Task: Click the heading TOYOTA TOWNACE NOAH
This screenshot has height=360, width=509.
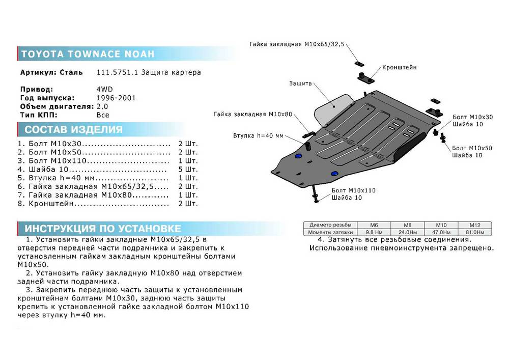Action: [x=88, y=54]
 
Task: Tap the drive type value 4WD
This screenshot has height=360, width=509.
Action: [x=104, y=89]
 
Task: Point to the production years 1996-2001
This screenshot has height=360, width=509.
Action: [x=116, y=98]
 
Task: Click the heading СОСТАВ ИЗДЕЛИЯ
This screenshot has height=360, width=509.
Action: [x=73, y=129]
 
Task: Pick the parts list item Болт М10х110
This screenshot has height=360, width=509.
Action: [x=58, y=161]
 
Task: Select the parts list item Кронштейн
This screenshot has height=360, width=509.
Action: [x=51, y=204]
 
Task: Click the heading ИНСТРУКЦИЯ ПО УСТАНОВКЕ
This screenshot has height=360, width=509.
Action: [x=103, y=228]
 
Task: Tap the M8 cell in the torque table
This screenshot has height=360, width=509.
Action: [x=407, y=225]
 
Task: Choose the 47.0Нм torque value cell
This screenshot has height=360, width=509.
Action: [x=441, y=232]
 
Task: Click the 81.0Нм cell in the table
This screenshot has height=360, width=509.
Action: [x=474, y=232]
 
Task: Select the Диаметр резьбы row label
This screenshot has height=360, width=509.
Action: [x=330, y=225]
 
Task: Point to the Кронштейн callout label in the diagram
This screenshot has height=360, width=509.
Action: [x=399, y=68]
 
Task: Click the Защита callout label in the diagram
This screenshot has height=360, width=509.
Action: [x=300, y=84]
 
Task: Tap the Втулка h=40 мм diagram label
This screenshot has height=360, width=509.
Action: [x=258, y=135]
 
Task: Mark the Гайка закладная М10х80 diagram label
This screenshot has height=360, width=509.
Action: [x=253, y=114]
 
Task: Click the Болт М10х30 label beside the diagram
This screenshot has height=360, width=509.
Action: [x=473, y=117]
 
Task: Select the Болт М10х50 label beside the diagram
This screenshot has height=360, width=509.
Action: [x=472, y=148]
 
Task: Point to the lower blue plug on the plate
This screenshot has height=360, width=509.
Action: [x=334, y=174]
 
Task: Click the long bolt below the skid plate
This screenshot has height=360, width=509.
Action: [x=315, y=193]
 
